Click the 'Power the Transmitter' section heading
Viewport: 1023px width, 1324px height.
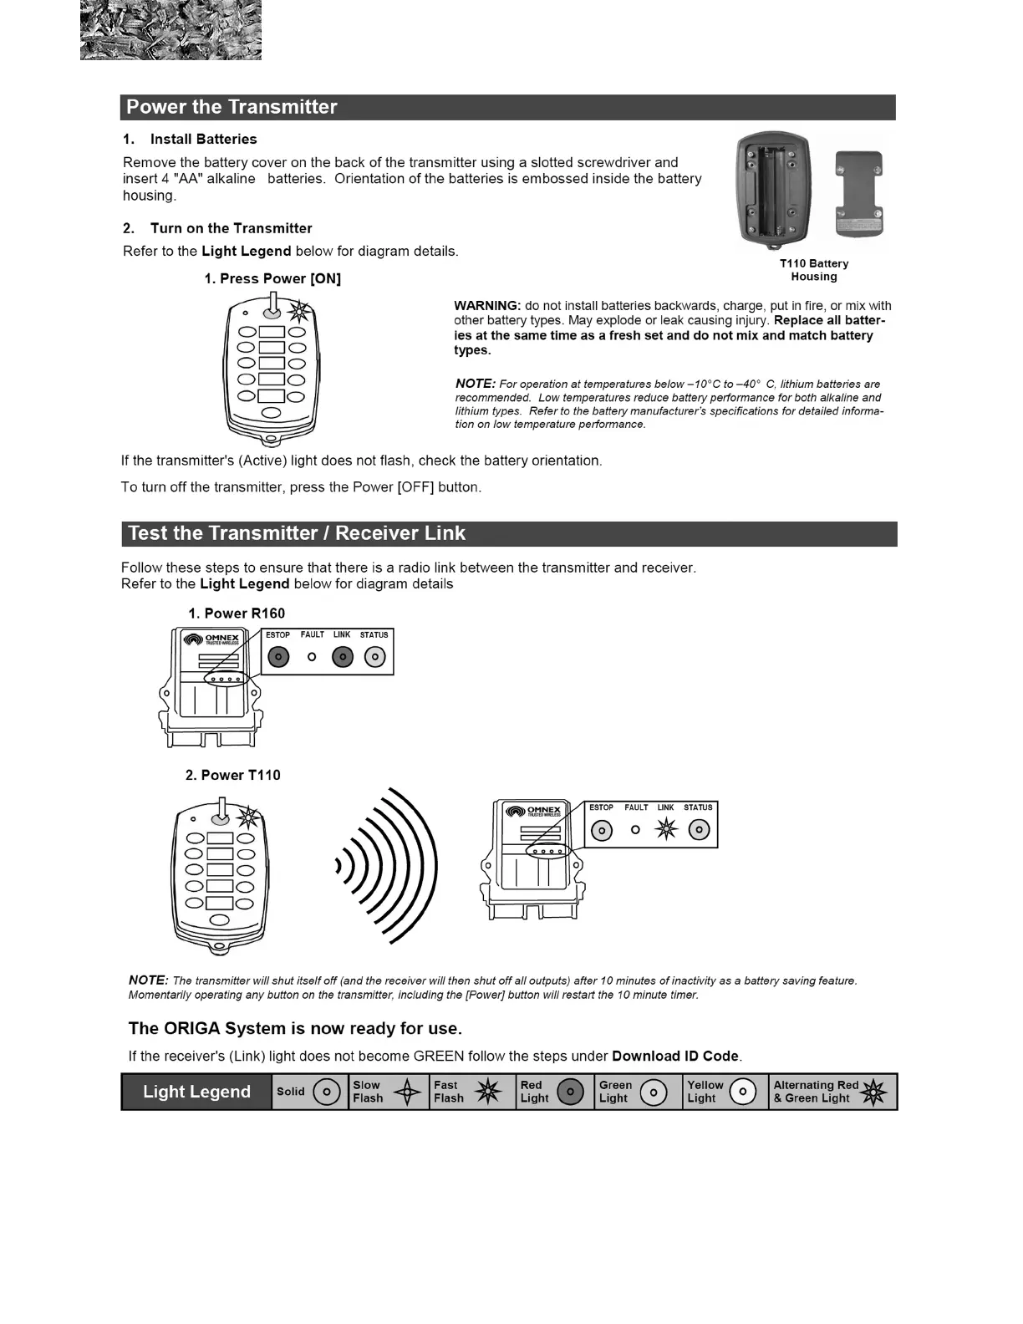pos(232,107)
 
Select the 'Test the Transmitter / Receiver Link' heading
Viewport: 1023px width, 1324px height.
pos(296,533)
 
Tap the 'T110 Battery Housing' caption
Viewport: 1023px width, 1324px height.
pos(813,270)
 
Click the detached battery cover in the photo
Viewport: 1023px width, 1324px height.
pos(859,194)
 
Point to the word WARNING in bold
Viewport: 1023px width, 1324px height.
pos(487,306)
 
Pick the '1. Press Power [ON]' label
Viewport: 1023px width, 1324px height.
pos(272,279)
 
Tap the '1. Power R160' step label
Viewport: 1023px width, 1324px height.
pos(237,614)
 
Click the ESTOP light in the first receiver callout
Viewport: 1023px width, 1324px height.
pos(278,657)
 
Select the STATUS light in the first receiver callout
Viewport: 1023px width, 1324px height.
pos(375,657)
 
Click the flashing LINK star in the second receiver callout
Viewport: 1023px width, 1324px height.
pos(666,829)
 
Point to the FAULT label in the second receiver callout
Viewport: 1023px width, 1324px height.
pos(636,807)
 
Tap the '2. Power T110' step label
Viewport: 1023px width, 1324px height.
pos(233,776)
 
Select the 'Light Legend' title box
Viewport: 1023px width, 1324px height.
pos(196,1092)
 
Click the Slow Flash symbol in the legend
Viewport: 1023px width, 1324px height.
pos(407,1092)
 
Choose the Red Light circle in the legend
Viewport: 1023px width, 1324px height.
pos(570,1092)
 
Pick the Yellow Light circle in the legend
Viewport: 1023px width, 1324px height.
pos(742,1092)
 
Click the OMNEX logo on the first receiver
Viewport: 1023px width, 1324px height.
pos(212,639)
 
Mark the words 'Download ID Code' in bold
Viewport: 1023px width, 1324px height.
pos(675,1057)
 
